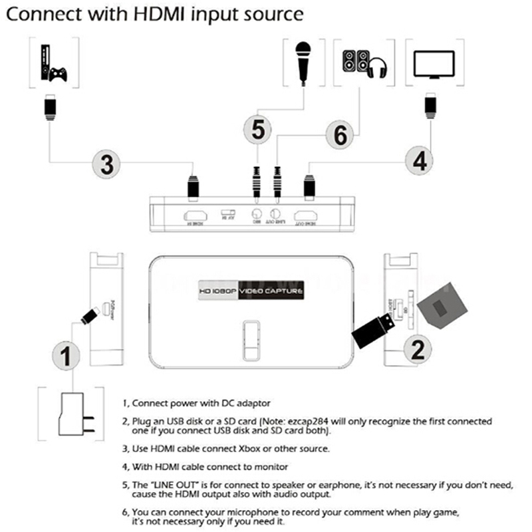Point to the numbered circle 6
tap(340, 136)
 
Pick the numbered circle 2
tap(417, 346)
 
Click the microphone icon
tap(305, 61)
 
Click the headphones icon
tap(376, 66)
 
